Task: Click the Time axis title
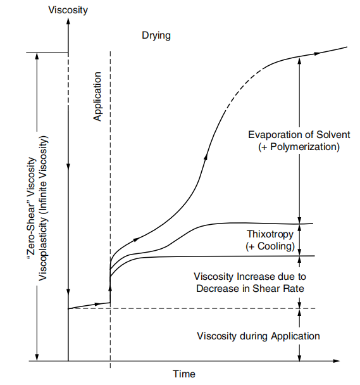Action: (184, 374)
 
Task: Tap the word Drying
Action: (156, 36)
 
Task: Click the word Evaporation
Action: (273, 135)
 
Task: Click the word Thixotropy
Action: (267, 234)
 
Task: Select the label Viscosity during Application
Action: (258, 336)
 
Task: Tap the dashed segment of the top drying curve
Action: (233, 92)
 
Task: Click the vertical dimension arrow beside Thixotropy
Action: (299, 239)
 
